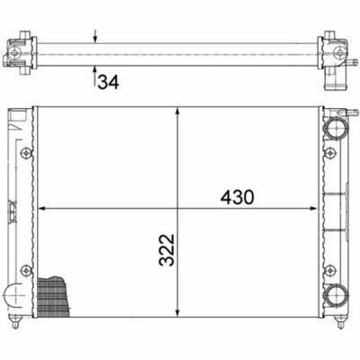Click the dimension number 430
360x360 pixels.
(238, 197)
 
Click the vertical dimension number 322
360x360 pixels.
(166, 250)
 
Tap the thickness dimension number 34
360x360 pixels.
(108, 82)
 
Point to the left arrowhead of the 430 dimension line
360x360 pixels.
(42, 209)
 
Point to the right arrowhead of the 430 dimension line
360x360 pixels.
(313, 209)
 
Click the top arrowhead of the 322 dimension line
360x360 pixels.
(178, 111)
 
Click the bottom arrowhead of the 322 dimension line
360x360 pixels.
(178, 313)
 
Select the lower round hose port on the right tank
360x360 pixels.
(335, 294)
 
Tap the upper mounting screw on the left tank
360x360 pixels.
(26, 153)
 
